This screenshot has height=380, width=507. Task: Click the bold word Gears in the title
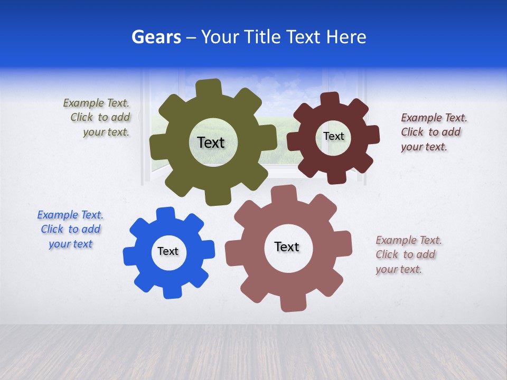(156, 37)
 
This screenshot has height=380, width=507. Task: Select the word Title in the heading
(262, 37)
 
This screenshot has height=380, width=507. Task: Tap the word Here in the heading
(346, 37)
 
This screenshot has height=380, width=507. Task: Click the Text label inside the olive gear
(211, 142)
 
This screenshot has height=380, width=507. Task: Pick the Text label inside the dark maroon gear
(333, 136)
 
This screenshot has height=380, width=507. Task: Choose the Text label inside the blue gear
(168, 251)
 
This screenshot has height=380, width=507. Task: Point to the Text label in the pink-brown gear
(287, 246)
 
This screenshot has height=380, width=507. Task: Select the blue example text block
(70, 229)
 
